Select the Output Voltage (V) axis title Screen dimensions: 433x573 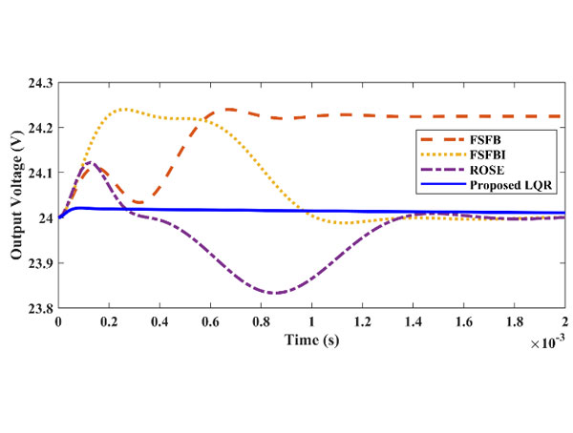[x=15, y=196]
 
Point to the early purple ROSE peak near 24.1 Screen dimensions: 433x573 [x=91, y=162]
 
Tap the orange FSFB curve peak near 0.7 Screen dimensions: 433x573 [x=230, y=109]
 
